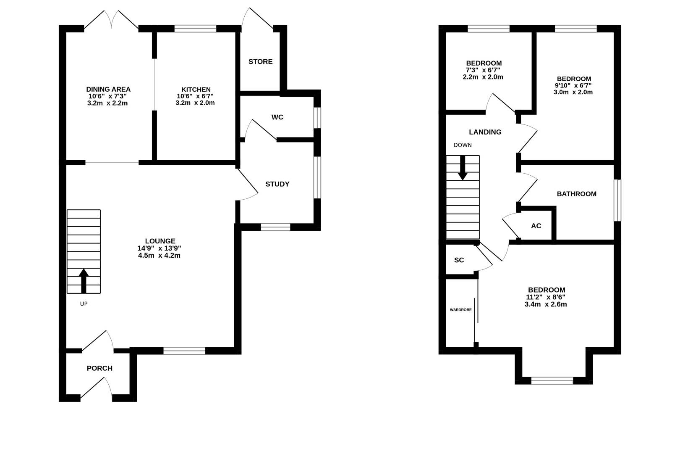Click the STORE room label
tap(260, 62)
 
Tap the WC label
tap(277, 117)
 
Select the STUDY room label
tap(277, 184)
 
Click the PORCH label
tap(99, 368)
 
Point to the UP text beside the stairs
tap(84, 304)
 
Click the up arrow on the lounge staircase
tap(84, 280)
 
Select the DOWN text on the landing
tap(463, 145)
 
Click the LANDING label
tap(485, 132)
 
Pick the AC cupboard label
tap(536, 226)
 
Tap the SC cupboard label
tap(459, 260)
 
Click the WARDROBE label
tap(460, 310)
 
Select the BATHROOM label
tap(576, 194)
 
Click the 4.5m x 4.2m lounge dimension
tap(159, 255)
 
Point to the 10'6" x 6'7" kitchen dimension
tap(195, 96)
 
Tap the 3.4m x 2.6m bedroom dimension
tap(546, 304)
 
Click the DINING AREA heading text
tap(108, 89)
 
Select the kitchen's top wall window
tap(195, 29)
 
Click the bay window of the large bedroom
tap(552, 381)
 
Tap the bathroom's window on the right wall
tap(617, 200)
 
